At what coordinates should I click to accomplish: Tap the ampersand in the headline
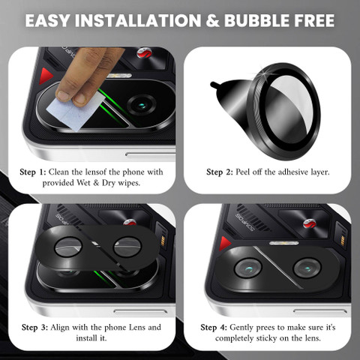tap(212, 20)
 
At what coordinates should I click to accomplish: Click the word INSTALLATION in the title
tap(138, 20)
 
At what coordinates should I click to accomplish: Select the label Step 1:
tap(33, 172)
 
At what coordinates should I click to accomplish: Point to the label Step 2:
tap(220, 172)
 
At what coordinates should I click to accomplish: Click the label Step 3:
tap(34, 328)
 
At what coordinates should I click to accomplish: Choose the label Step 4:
tap(214, 328)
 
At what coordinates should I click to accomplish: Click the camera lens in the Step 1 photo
tap(142, 105)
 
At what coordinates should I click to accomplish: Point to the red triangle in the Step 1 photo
tap(45, 76)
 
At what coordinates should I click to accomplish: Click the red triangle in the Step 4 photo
tap(224, 244)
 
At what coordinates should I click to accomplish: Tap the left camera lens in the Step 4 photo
tap(248, 268)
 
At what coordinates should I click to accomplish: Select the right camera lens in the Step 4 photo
tap(307, 268)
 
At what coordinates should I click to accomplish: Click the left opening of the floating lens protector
tap(68, 247)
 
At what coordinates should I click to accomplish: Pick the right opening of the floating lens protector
tap(127, 247)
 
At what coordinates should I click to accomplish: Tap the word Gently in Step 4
tap(241, 328)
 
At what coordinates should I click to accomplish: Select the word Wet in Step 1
tap(83, 183)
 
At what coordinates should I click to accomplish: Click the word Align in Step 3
tap(60, 328)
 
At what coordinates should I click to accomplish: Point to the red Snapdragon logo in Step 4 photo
tap(308, 223)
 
